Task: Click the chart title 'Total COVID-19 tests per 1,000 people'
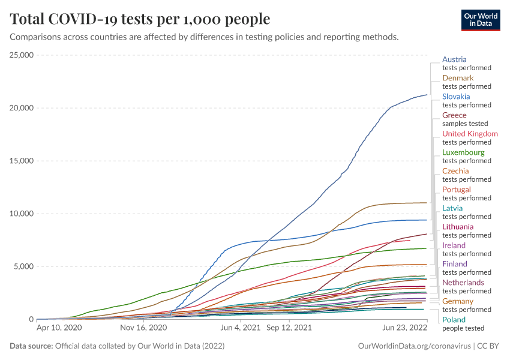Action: [x=140, y=19]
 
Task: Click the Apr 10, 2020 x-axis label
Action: [x=59, y=328]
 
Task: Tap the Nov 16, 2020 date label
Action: [x=143, y=328]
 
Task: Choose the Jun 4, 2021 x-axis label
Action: [x=241, y=328]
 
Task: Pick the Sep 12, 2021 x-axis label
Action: [x=289, y=328]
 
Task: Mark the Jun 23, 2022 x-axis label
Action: [x=404, y=328]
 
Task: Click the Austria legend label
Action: [x=454, y=59]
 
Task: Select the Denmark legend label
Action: [x=458, y=78]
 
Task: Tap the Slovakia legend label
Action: [x=456, y=97]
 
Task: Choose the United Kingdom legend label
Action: [x=470, y=134]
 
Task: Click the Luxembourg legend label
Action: [x=463, y=152]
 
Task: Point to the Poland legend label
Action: [x=454, y=320]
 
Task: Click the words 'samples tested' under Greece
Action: [x=465, y=124]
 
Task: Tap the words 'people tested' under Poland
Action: [x=463, y=328]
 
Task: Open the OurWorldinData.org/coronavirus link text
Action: [x=413, y=346]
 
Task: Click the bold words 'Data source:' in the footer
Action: [x=31, y=346]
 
